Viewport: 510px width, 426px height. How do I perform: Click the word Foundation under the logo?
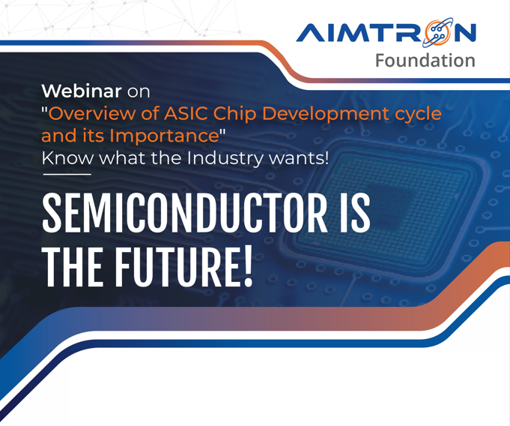pos(425,61)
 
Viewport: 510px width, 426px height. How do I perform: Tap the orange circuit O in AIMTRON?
pos(438,32)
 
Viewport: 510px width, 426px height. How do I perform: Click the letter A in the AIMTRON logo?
pos(309,33)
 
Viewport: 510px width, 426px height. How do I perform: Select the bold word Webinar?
pos(82,91)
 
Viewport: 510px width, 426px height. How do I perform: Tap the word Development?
pos(325,115)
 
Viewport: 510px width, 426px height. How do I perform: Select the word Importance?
pos(164,136)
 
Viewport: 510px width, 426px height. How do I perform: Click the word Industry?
pos(225,159)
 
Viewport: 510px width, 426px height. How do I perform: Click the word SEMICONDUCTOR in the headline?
pos(184,213)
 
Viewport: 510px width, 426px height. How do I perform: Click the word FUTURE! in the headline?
pos(183,268)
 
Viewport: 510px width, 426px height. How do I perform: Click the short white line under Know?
pos(67,174)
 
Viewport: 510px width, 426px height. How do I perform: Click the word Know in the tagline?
pos(67,158)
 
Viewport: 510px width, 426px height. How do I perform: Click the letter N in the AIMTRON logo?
pos(465,33)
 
